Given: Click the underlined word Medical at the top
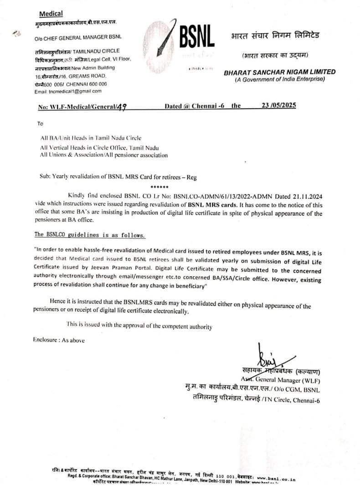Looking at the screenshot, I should point(51,14).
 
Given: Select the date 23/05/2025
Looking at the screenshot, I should point(278,105).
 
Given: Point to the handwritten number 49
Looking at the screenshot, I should point(122,107).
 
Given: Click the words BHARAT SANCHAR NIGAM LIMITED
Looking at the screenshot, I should point(279,72).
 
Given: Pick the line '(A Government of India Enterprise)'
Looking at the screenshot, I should point(279,79).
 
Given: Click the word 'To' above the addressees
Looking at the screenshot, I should point(41,124).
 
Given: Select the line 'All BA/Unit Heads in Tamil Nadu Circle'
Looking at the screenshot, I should point(91,138).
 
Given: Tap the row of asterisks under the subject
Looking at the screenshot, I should point(159,187).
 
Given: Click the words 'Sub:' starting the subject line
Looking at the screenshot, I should point(45,177).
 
